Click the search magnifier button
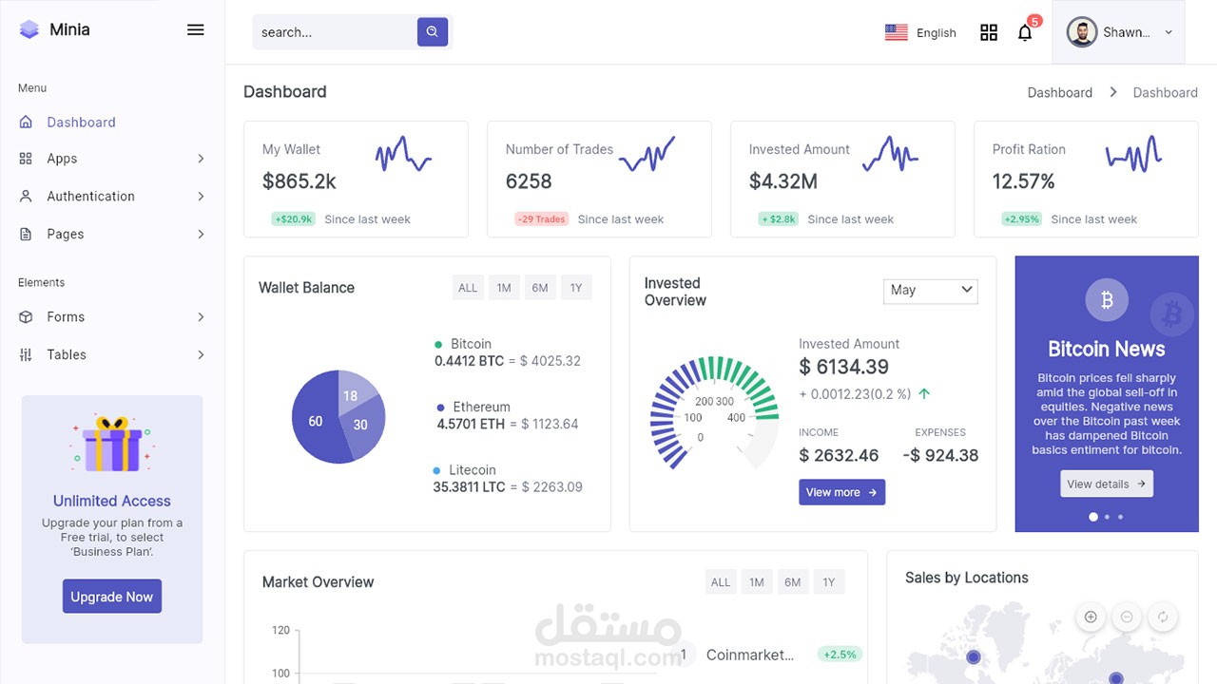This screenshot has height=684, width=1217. click(432, 31)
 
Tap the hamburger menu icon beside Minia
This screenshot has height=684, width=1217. click(195, 29)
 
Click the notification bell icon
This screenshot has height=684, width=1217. click(1024, 32)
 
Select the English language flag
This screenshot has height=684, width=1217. click(896, 32)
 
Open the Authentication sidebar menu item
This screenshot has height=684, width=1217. click(90, 196)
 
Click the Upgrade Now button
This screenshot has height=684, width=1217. click(111, 597)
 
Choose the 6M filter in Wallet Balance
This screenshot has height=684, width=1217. click(539, 288)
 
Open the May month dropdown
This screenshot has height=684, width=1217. click(930, 290)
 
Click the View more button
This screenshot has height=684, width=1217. click(840, 492)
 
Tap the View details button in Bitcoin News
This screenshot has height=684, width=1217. click(1106, 484)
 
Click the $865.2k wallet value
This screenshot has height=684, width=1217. click(299, 180)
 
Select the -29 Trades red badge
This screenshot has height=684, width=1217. click(541, 218)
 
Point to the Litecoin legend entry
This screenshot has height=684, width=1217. click(472, 470)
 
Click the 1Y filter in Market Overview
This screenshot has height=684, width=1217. click(828, 582)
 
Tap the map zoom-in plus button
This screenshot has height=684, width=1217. click(1090, 617)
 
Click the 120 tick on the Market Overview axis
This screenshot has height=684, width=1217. click(280, 630)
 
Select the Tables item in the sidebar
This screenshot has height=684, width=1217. click(67, 354)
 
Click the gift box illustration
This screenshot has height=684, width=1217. click(112, 445)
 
